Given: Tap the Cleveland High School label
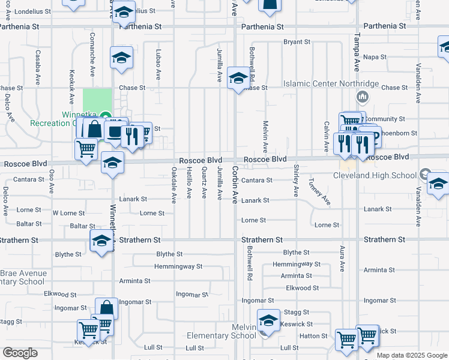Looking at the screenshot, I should pos(375,175).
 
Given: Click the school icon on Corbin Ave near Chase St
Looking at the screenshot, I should pos(238,79).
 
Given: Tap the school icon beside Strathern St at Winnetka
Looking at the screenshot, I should pos(101,242).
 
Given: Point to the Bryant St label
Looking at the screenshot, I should pos(297,42).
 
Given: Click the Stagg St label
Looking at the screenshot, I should pos(297,312).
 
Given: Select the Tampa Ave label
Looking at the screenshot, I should pos(357,52).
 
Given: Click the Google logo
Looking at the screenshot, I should pos(20,353).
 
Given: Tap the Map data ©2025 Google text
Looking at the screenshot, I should pos(412,355).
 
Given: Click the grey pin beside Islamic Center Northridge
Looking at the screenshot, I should pos(362,97).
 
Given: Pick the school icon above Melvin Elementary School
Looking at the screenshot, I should pos(268,321).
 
